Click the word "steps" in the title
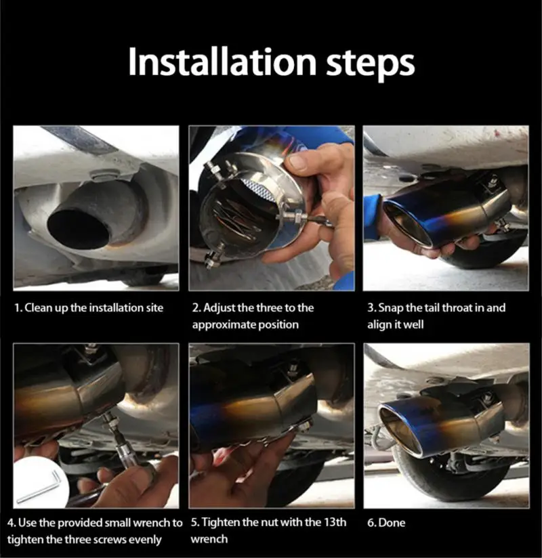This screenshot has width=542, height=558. click(371, 64)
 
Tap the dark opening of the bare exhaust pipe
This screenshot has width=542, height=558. click(79, 228)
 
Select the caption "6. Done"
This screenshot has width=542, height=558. click(386, 523)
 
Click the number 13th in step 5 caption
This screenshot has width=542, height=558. click(335, 522)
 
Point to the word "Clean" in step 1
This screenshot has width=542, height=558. click(38, 307)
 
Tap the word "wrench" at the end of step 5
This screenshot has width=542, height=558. click(209, 539)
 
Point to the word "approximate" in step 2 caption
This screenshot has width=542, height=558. click(224, 325)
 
